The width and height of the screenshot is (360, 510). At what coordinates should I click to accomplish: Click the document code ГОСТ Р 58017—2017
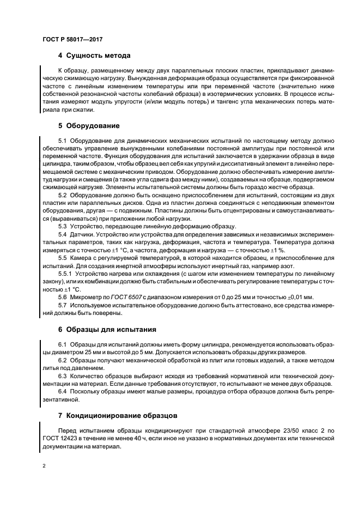click(72, 40)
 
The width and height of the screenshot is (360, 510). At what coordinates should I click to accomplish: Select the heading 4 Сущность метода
click(94, 56)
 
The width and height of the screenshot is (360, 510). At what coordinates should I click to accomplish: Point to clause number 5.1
click(63, 141)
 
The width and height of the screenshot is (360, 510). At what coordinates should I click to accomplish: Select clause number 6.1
click(63, 345)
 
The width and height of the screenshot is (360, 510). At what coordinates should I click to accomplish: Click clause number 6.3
click(63, 376)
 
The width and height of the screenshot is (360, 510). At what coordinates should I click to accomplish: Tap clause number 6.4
click(63, 391)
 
